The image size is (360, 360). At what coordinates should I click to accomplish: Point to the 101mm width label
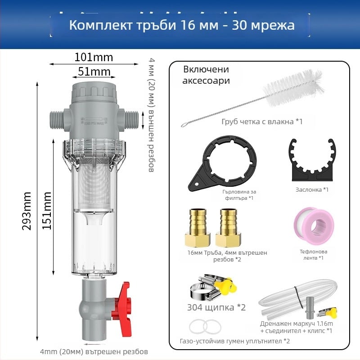[94, 57]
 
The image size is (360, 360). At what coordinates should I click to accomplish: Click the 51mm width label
[94, 72]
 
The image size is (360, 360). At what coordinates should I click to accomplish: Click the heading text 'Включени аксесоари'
[206, 75]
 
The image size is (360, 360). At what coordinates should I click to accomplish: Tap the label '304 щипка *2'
[216, 308]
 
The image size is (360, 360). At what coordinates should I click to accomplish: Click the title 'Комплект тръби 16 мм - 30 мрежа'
[182, 25]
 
